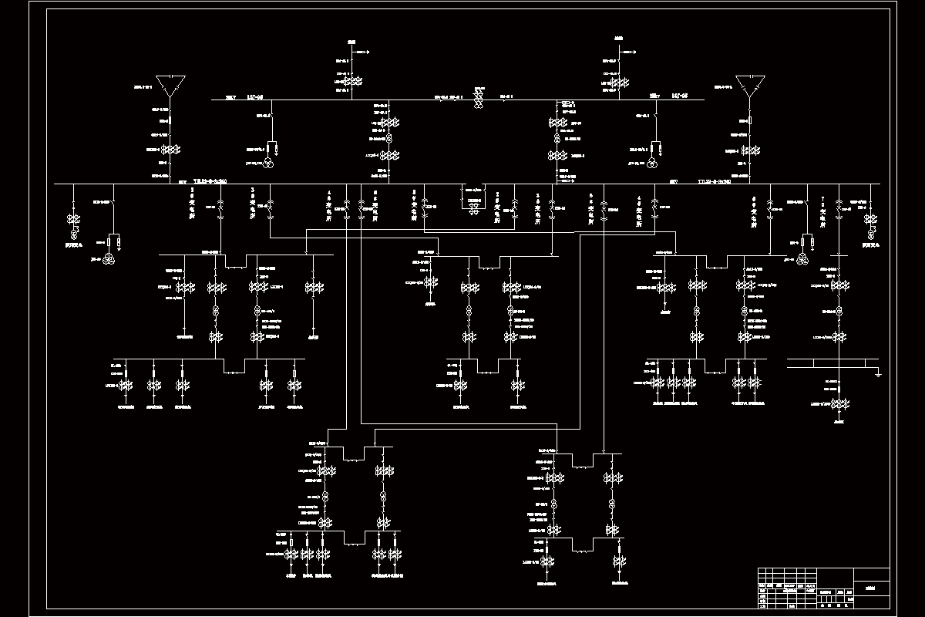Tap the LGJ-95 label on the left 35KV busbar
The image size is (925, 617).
[255, 96]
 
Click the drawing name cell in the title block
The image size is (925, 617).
[872, 588]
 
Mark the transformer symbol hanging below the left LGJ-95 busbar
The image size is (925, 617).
[267, 163]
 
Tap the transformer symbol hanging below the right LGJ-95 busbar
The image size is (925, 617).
[651, 163]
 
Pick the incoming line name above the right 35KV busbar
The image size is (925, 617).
[618, 39]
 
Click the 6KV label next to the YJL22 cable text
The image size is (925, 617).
[673, 182]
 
